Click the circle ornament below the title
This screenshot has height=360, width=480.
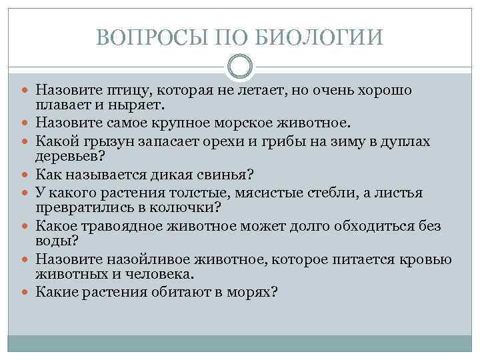coord(240,67)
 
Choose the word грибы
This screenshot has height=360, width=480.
coord(283,141)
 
